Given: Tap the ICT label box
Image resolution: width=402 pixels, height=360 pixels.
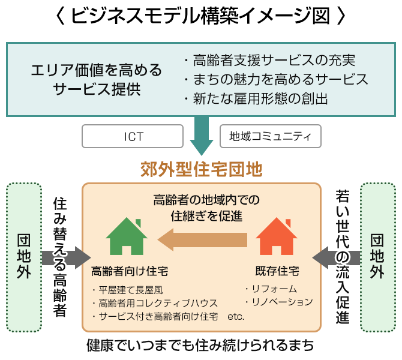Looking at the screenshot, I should [133, 137].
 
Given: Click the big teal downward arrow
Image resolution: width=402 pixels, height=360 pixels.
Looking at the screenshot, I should [202, 136].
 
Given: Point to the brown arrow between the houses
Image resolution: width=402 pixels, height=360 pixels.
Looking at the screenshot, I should [203, 240].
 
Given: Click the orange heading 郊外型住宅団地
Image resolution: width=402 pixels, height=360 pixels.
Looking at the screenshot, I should [201, 169].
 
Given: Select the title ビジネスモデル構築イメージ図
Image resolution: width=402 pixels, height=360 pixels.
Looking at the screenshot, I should [200, 17].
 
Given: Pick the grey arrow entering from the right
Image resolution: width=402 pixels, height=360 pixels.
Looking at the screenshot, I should [337, 257].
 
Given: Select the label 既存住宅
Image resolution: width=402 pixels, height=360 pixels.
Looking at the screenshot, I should [278, 271].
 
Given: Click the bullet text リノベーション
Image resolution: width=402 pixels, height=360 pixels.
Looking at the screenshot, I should [279, 302].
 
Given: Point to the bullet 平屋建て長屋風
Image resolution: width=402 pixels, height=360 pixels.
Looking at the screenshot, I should [125, 290].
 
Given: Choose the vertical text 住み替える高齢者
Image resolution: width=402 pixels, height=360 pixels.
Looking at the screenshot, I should [59, 257].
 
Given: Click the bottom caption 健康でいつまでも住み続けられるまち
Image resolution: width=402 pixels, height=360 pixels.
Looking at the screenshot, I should [200, 346].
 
